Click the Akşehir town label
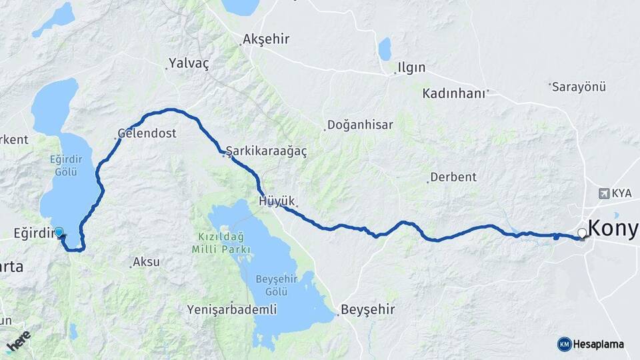pos(266,39)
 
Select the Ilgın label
pos(411,68)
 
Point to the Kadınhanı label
pos(453,94)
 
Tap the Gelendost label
pos(147,133)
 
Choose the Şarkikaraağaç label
pos(267,152)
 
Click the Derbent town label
pos(453,177)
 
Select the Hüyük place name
pos(275,200)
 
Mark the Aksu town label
pos(146,262)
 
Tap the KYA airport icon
pos(604,193)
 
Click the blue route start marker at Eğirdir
pos(59,233)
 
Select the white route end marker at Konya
pos(582,233)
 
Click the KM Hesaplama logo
pos(591,344)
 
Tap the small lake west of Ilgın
pos(385,49)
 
